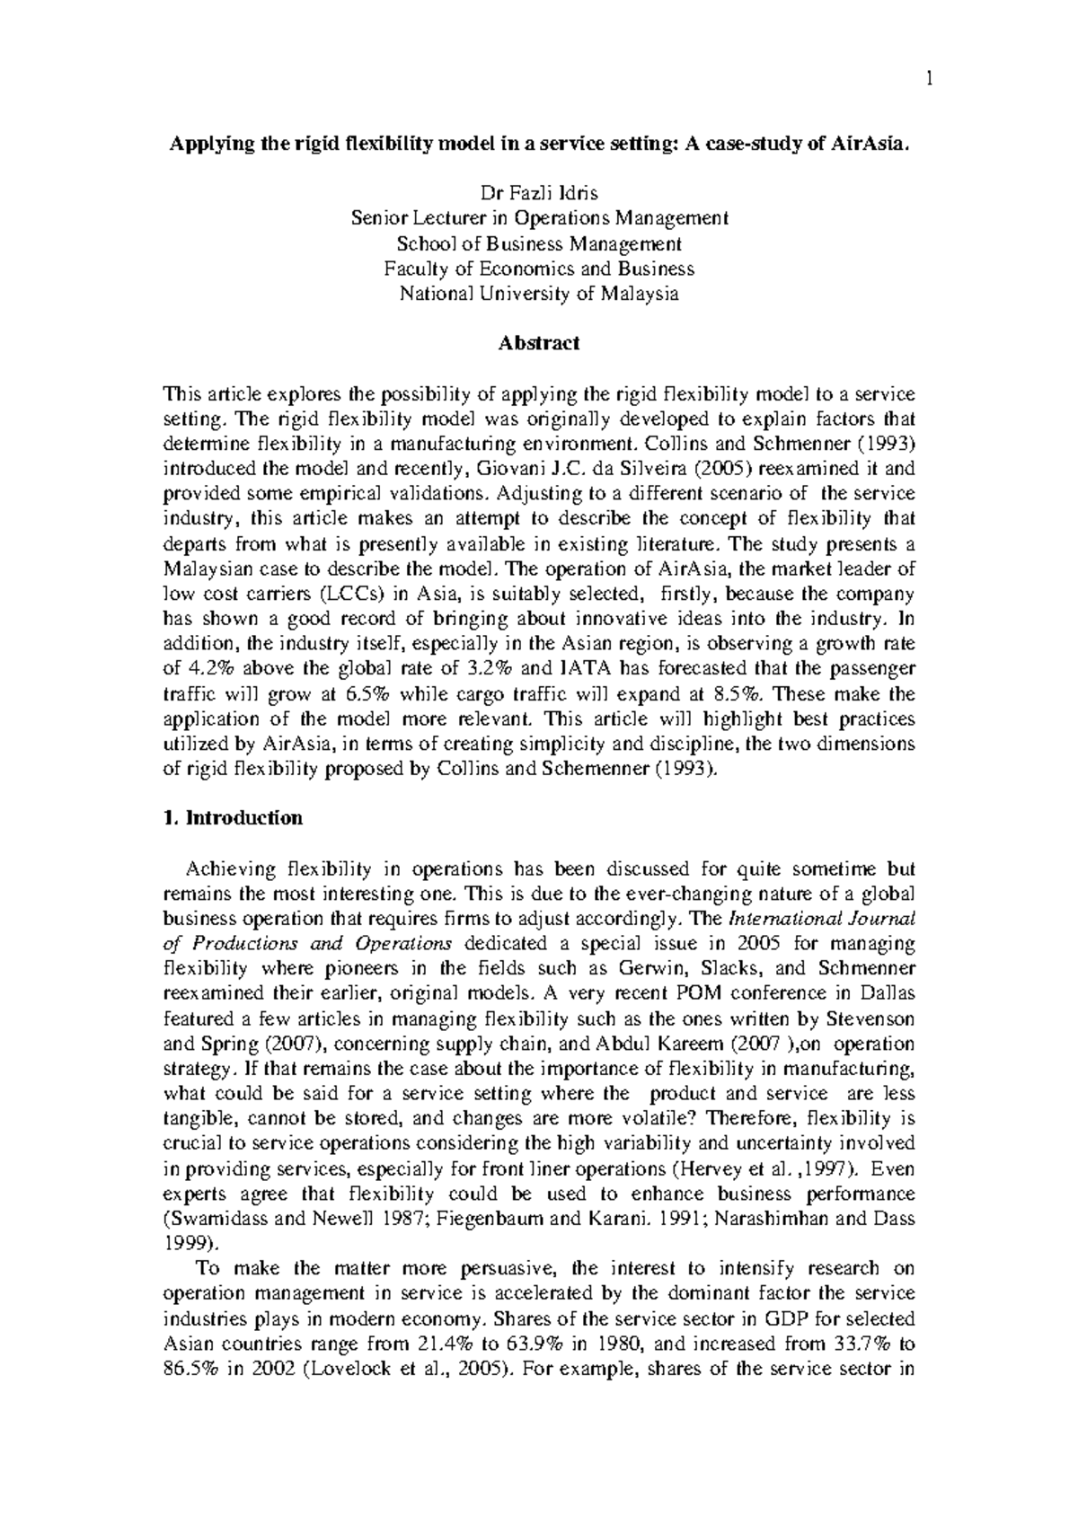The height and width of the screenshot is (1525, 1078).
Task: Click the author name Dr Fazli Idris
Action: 539,193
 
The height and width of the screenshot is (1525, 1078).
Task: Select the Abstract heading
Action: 539,343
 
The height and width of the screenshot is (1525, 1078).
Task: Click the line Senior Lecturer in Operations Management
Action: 539,218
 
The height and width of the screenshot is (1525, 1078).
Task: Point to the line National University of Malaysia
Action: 539,294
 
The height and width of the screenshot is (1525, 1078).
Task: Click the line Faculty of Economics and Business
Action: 539,269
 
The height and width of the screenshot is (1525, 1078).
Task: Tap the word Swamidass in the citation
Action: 211,1219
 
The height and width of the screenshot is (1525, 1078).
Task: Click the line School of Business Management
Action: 539,243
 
